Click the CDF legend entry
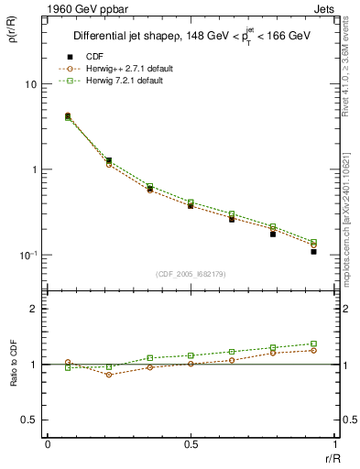[91, 58]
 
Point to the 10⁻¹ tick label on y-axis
[28, 255]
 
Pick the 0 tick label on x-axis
[48, 444]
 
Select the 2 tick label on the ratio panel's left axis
[32, 309]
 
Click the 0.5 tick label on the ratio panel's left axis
[28, 420]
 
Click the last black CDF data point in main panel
[313, 251]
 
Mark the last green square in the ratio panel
[313, 344]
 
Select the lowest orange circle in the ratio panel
[108, 375]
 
